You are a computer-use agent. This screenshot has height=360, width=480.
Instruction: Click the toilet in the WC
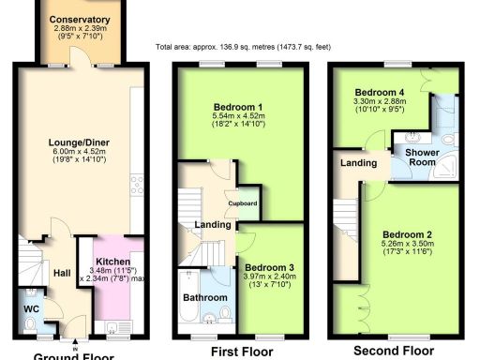tap(30, 324)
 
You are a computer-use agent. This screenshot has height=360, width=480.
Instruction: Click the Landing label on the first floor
tap(211, 223)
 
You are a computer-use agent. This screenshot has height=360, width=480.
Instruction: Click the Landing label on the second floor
tap(364, 164)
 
